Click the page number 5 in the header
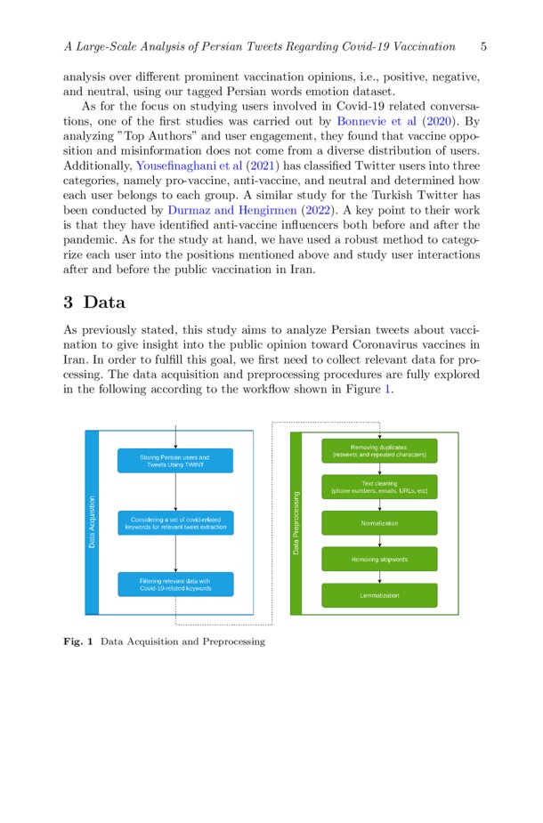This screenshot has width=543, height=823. [x=482, y=46]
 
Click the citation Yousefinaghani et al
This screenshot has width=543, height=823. [x=189, y=165]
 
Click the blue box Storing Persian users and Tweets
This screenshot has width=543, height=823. [x=175, y=461]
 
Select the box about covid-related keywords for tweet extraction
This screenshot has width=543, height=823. [x=175, y=523]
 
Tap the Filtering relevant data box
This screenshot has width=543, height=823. [x=175, y=585]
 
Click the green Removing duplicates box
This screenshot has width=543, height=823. [x=379, y=451]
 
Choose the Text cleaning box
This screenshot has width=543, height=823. [x=379, y=488]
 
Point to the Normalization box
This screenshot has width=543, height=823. [x=379, y=523]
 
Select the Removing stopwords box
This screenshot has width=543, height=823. [x=379, y=559]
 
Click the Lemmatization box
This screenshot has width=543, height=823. [x=379, y=595]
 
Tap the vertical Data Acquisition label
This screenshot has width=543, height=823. [x=92, y=522]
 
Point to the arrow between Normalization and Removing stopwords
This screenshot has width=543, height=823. [x=380, y=541]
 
